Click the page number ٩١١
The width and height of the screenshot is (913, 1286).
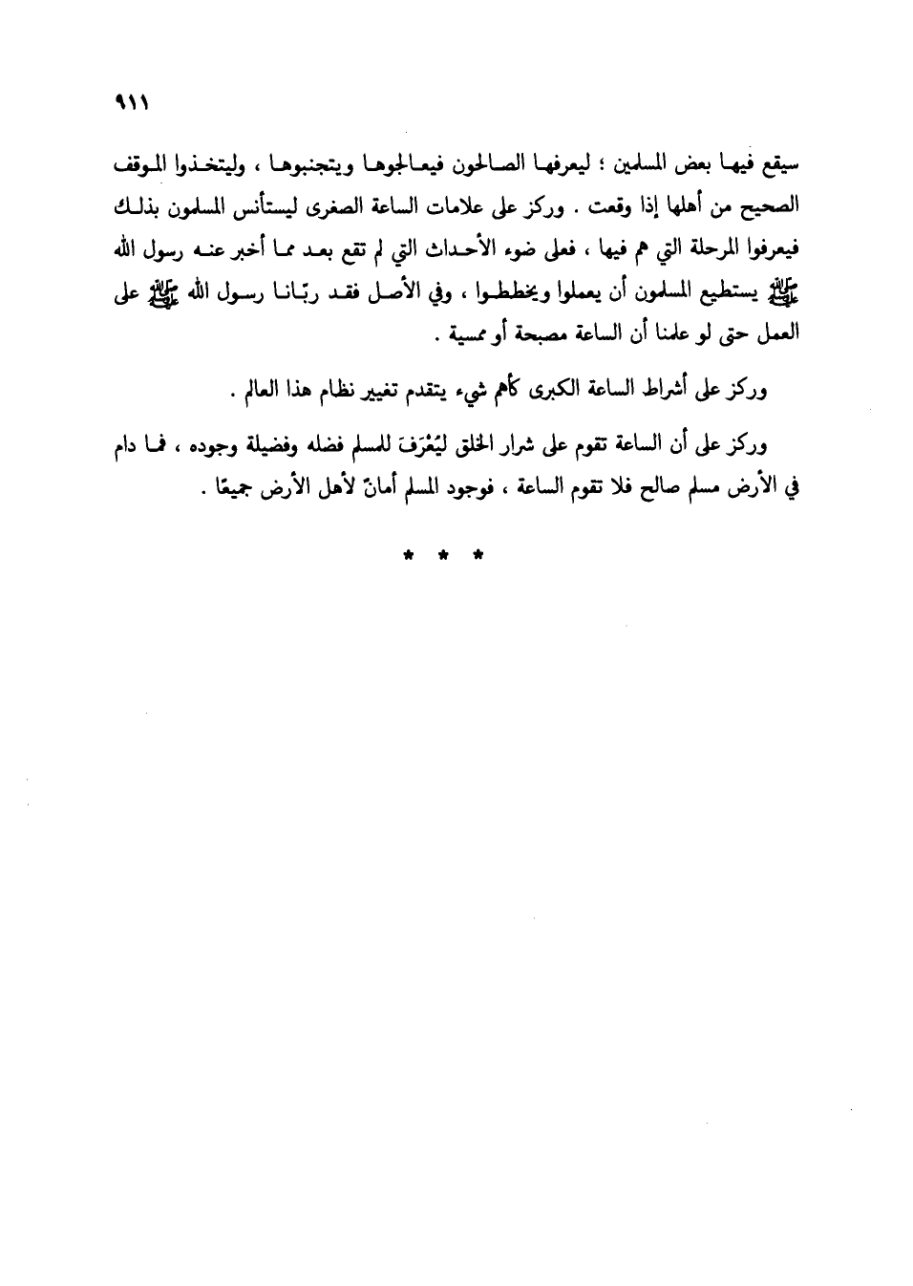pos(126,101)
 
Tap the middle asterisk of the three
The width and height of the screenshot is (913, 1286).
pos(442,554)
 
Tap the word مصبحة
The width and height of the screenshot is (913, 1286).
pos(519,335)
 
